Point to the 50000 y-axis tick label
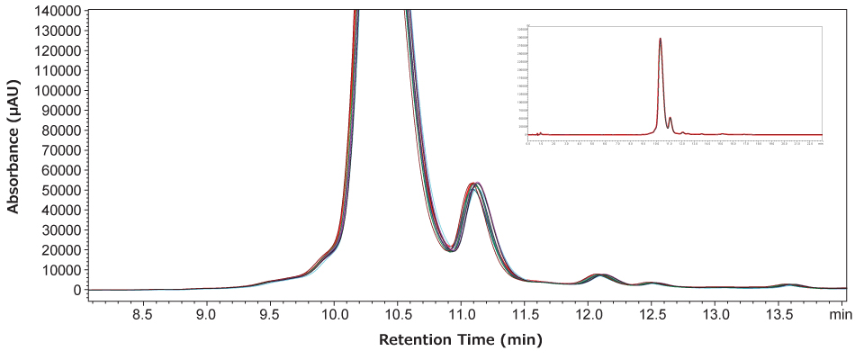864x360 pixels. click(x=60, y=191)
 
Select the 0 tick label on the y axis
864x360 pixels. click(x=76, y=291)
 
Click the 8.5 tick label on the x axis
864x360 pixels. click(x=143, y=315)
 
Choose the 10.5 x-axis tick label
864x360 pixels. click(x=398, y=315)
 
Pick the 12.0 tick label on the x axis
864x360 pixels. click(x=589, y=315)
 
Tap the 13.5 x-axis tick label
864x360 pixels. click(x=779, y=315)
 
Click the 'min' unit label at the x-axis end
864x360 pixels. click(x=841, y=315)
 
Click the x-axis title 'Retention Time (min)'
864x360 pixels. click(x=461, y=341)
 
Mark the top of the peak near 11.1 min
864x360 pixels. click(x=474, y=184)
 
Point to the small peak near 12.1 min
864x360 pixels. click(x=600, y=274)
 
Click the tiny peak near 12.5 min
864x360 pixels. click(x=652, y=283)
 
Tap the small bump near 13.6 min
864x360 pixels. click(x=789, y=284)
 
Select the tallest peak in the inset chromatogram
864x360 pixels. click(x=661, y=39)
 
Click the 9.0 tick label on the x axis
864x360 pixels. click(x=207, y=315)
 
